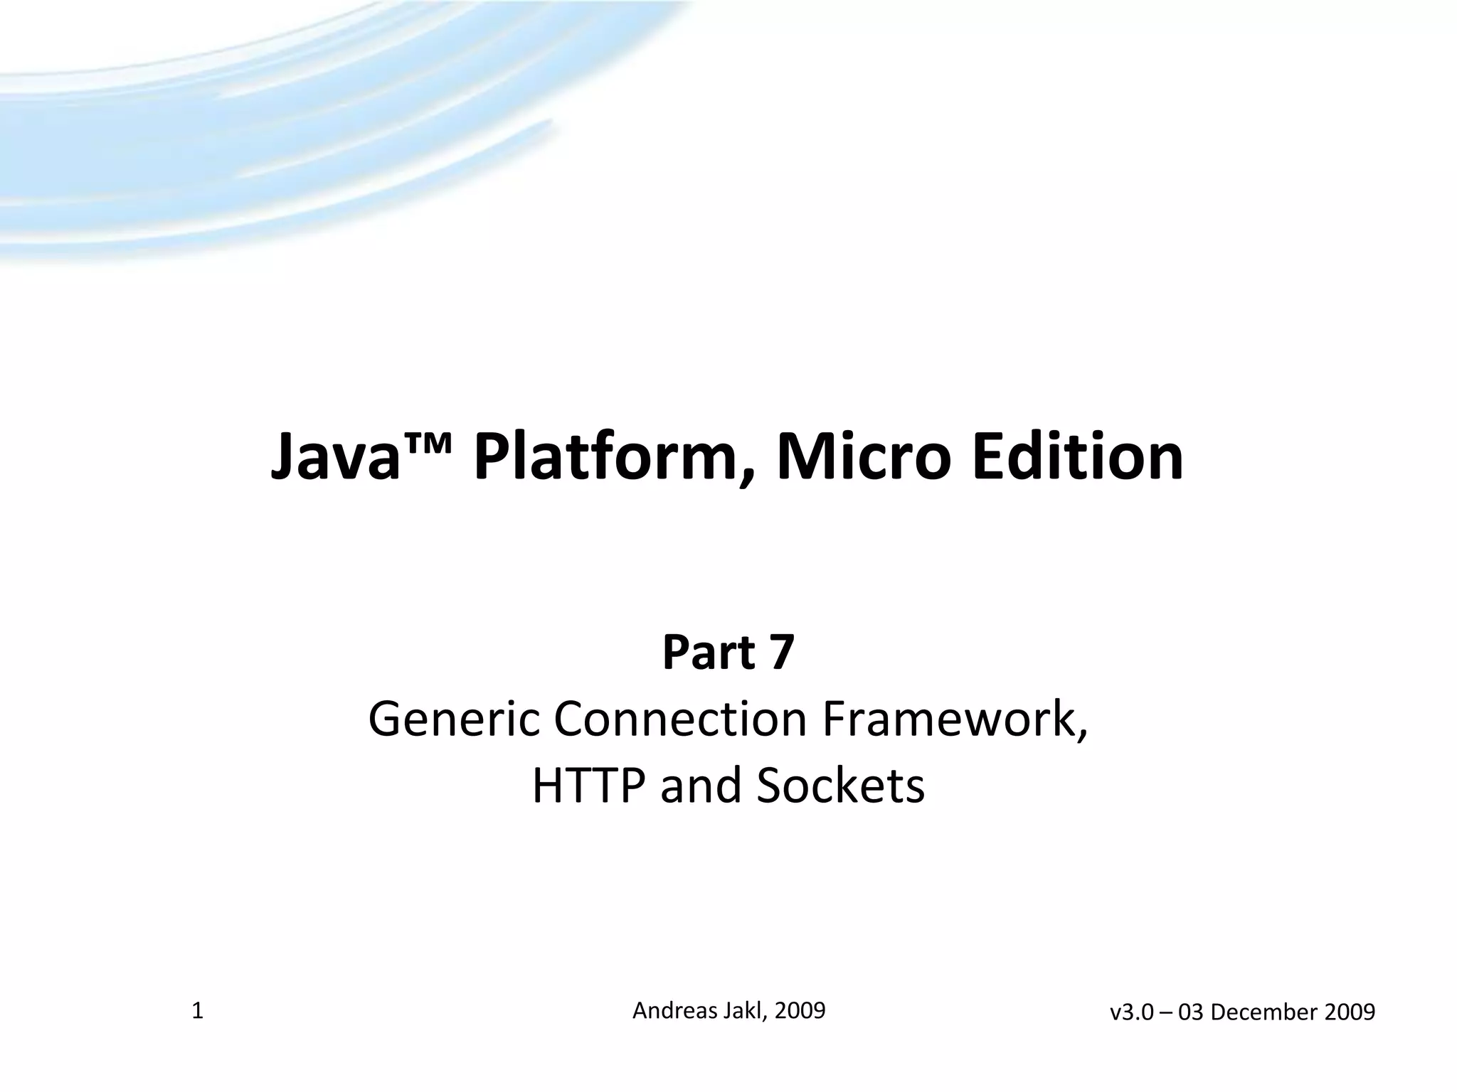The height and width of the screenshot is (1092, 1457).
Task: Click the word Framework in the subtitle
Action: (953, 719)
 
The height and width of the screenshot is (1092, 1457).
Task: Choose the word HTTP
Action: (590, 786)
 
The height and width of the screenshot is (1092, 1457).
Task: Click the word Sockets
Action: (840, 786)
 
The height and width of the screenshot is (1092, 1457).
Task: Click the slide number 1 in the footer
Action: (198, 1011)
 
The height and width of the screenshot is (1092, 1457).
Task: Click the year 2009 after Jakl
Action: (800, 1010)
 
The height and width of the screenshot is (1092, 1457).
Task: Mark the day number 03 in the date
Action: (1190, 1012)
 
